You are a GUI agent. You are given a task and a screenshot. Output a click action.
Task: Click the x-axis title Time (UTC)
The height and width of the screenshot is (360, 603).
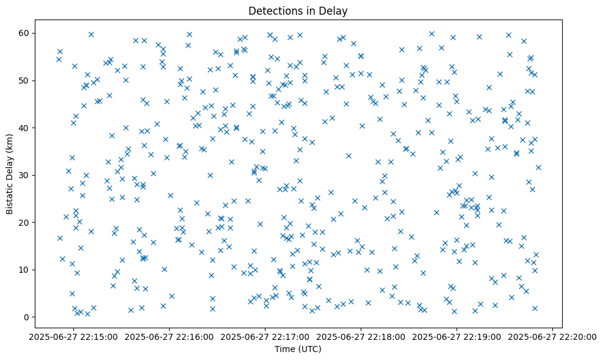[x=298, y=350]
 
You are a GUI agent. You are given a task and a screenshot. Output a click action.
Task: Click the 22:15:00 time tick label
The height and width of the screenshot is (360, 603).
[x=75, y=336]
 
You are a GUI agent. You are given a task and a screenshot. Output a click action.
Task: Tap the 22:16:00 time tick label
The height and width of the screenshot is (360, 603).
[x=171, y=336]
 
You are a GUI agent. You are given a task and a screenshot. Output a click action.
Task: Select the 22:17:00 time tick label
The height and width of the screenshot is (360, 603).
[x=266, y=336]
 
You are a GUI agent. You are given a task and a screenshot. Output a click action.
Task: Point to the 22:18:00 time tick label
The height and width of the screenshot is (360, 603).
[x=361, y=336]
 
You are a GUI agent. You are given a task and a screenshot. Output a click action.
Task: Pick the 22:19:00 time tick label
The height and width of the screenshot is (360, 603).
[x=457, y=336]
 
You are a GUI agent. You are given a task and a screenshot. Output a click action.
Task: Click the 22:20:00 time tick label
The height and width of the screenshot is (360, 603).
[x=552, y=336]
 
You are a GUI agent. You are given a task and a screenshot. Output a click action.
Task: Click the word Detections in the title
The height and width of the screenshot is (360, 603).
[x=274, y=10]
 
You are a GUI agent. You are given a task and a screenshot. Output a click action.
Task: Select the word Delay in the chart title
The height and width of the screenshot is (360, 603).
[x=335, y=10]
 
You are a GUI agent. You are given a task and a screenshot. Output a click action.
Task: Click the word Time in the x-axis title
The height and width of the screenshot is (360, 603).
[x=285, y=350]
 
